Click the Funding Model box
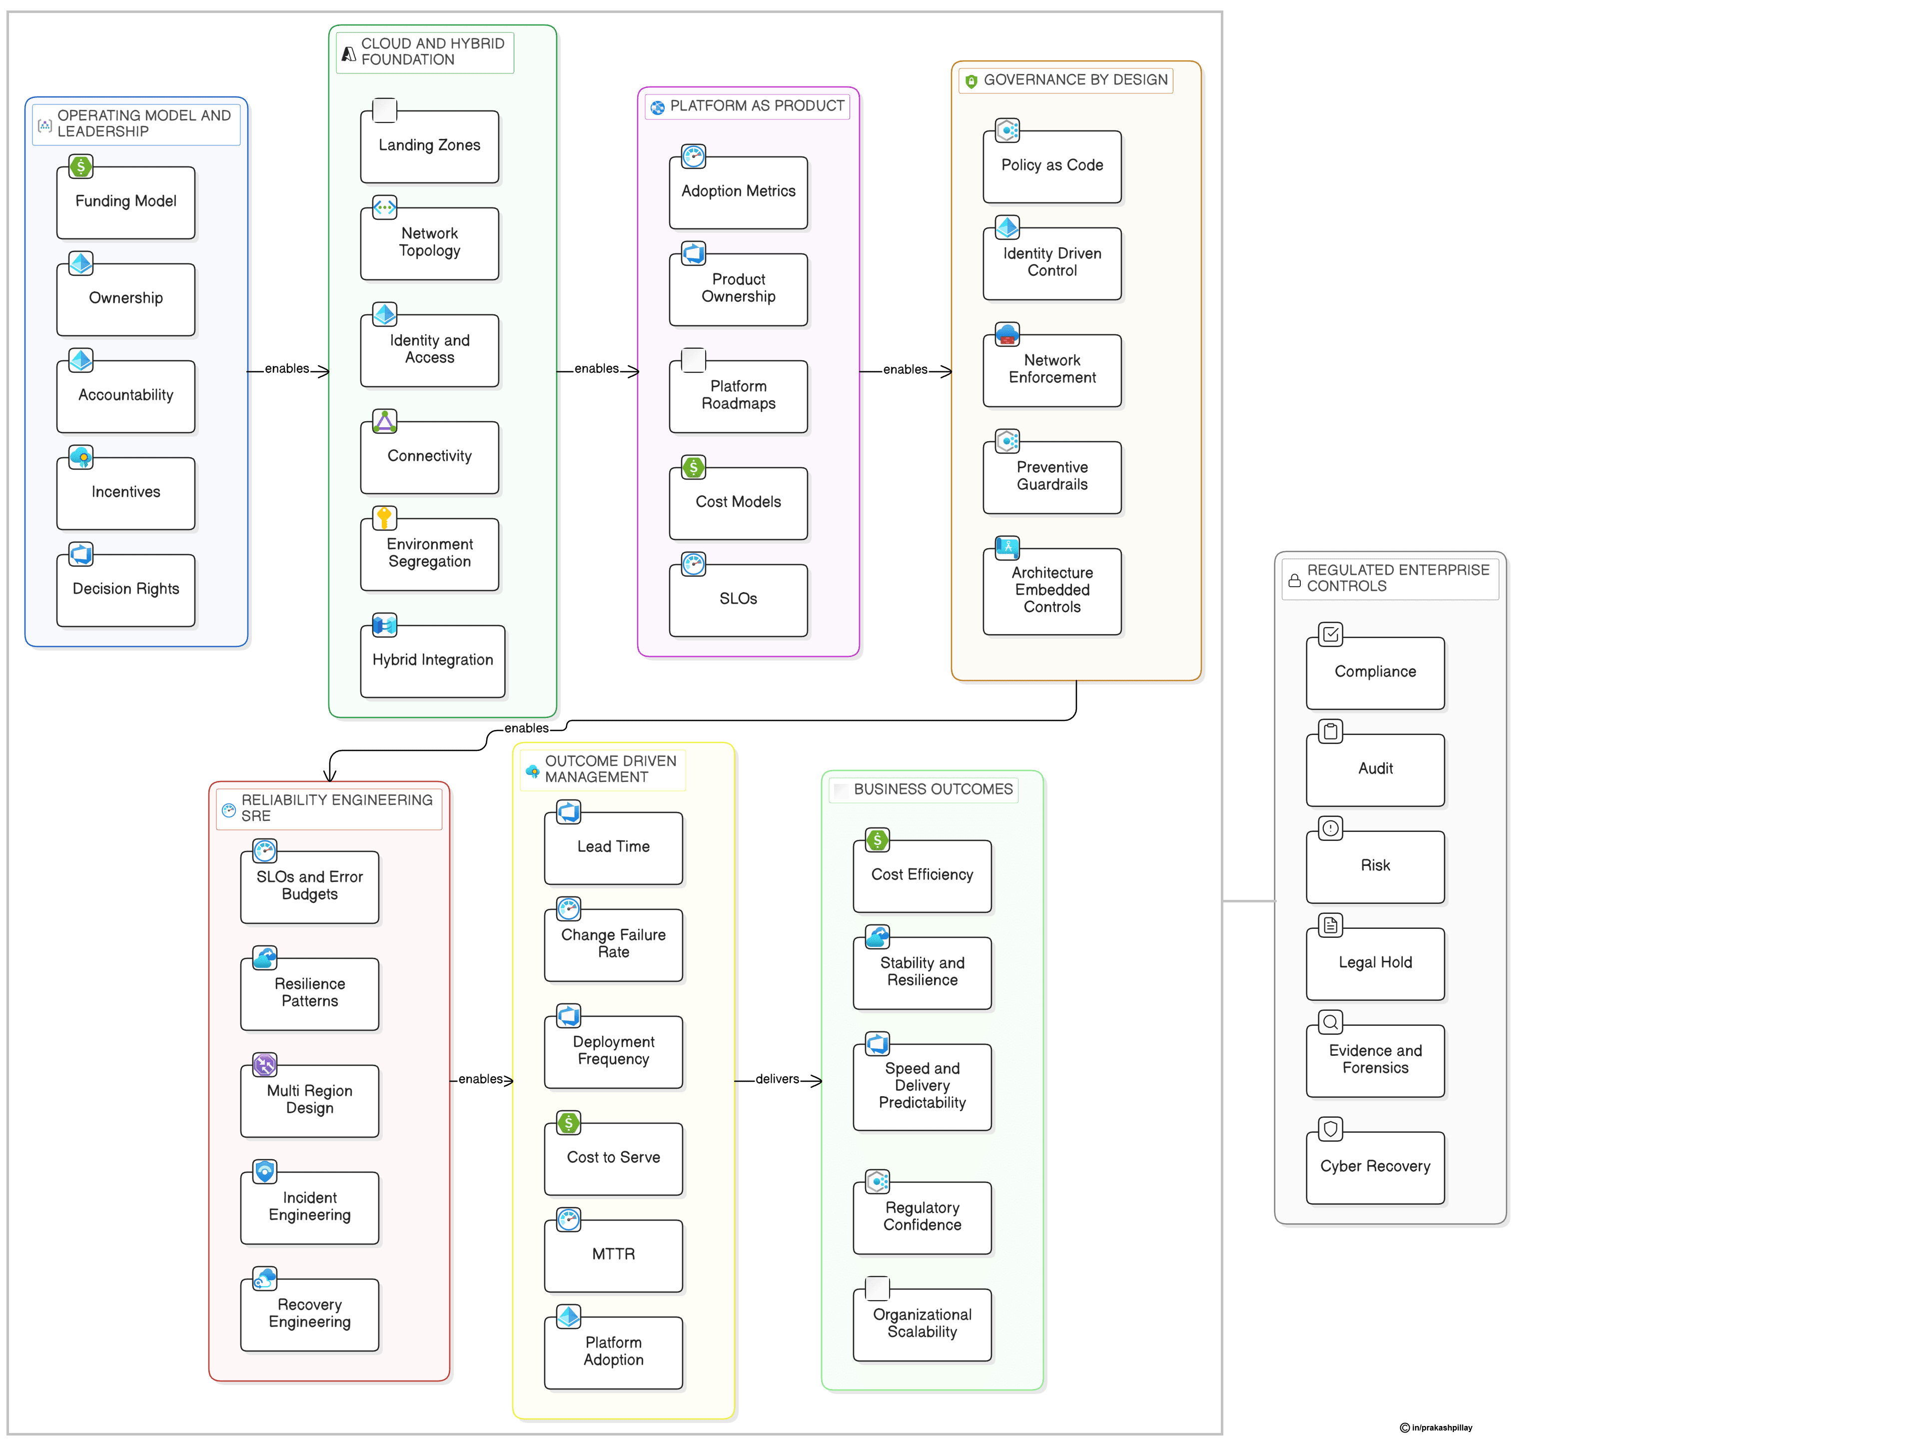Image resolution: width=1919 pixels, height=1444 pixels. click(x=126, y=202)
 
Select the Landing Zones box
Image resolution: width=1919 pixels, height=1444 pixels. click(x=429, y=146)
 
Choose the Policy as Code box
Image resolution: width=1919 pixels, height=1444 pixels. click(x=1051, y=166)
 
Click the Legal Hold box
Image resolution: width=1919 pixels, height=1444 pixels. click(x=1375, y=963)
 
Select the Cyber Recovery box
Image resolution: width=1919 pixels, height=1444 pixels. click(x=1375, y=1167)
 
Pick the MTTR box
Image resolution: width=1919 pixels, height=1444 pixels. click(x=613, y=1255)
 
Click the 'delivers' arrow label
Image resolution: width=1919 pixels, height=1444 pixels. click(x=777, y=1079)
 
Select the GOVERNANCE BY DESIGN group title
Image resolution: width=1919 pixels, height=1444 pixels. click(x=1075, y=80)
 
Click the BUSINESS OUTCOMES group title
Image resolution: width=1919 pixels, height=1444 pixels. click(x=933, y=789)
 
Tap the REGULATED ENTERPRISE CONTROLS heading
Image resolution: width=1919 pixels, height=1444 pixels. click(x=1398, y=578)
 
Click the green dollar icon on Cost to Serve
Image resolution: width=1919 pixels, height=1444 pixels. click(x=568, y=1123)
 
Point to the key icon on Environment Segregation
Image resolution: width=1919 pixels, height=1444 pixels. click(x=384, y=518)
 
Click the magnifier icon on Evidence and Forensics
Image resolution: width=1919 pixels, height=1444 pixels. click(x=1330, y=1022)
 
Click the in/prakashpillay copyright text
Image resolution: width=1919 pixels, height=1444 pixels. click(x=1441, y=1428)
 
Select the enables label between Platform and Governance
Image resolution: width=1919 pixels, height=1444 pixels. click(x=905, y=369)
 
